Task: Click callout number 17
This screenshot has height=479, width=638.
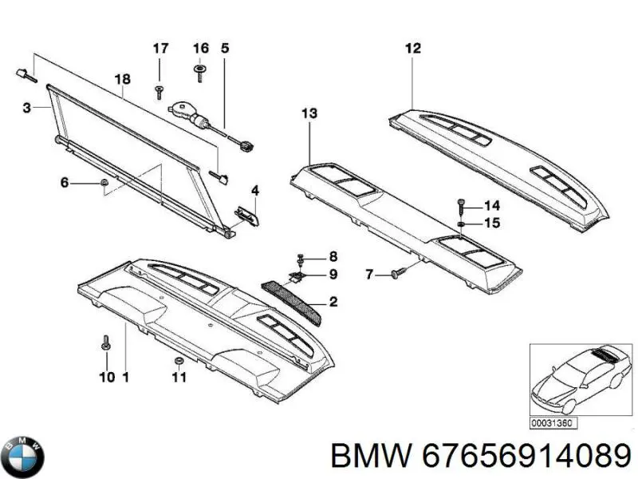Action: coord(161,48)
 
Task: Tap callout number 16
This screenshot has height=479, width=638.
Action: coord(200,48)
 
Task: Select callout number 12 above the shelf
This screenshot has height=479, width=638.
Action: coord(412,48)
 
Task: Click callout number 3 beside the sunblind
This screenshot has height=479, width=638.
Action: coord(26,109)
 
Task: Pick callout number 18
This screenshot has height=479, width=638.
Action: coord(122,79)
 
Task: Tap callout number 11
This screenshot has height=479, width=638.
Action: coord(179,377)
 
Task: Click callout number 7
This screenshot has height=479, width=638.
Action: coord(369,275)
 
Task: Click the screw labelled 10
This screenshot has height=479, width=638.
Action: coord(105,345)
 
